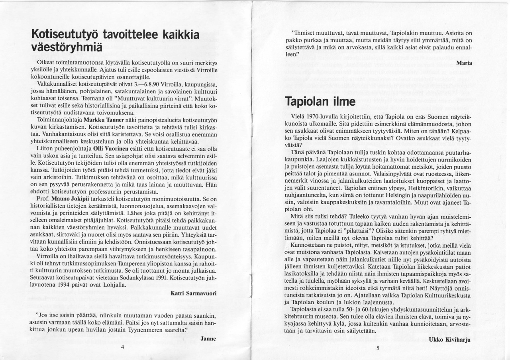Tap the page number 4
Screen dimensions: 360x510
click(122, 347)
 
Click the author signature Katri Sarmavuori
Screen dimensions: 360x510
click(193, 293)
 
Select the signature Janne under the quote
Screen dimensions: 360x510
click(208, 338)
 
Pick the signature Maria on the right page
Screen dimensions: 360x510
click(464, 63)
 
